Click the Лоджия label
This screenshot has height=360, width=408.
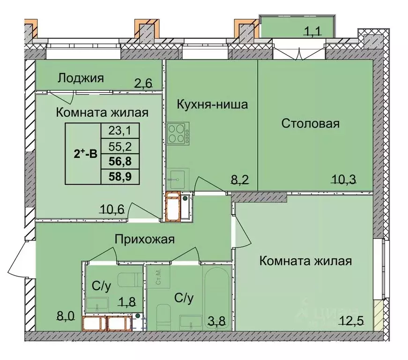click(x=80, y=78)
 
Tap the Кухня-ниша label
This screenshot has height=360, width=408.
click(x=212, y=104)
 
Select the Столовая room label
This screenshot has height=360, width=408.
click(x=310, y=124)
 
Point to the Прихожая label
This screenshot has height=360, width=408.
click(x=145, y=240)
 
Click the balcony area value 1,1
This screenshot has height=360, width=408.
click(x=314, y=32)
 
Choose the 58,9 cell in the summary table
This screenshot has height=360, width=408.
click(x=120, y=177)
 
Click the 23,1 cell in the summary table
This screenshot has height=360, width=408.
click(x=120, y=129)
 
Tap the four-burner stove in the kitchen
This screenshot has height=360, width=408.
click(x=178, y=133)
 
